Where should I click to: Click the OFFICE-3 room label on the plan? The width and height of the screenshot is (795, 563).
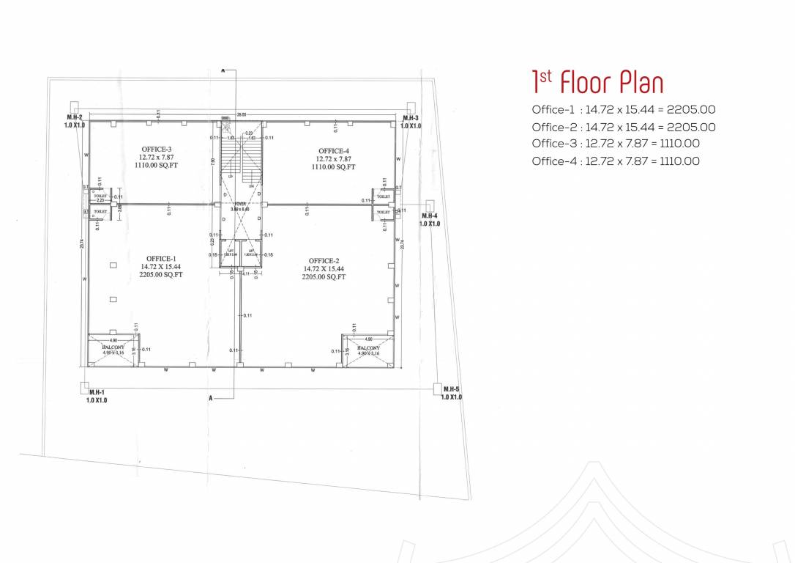(x=157, y=150)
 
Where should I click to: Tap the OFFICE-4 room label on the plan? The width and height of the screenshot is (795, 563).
(x=334, y=151)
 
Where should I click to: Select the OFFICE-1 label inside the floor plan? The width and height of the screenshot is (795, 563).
(x=161, y=259)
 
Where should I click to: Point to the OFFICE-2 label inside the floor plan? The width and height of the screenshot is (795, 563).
(x=324, y=261)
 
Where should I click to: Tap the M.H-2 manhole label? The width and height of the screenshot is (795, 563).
(x=75, y=117)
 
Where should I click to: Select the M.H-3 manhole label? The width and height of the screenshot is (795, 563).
(x=411, y=117)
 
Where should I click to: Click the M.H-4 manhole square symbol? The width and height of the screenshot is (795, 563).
(x=430, y=205)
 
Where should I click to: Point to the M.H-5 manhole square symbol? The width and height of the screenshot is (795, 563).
(x=440, y=388)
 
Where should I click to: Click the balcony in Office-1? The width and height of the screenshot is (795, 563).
(x=112, y=350)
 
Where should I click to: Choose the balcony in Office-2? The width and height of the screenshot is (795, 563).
(x=368, y=350)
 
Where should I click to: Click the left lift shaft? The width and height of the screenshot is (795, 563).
(x=230, y=253)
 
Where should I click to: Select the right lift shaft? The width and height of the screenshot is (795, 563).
(x=250, y=253)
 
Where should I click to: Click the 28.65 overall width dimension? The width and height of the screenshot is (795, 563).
(x=241, y=114)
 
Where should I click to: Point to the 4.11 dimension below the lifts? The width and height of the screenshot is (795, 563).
(x=246, y=273)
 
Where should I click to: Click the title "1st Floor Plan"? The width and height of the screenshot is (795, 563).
(x=597, y=83)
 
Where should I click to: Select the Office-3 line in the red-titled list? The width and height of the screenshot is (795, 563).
(x=615, y=144)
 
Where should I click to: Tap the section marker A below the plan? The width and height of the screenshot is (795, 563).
(x=211, y=397)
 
